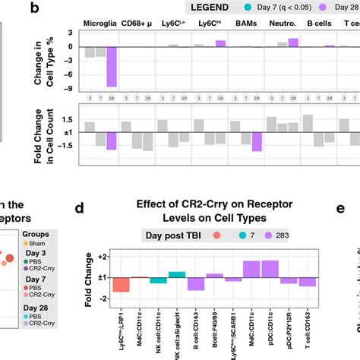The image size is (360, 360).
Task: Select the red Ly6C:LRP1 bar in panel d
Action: pyautogui.click(x=121, y=285)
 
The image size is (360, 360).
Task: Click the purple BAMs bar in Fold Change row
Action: pyautogui.click(x=257, y=141)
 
